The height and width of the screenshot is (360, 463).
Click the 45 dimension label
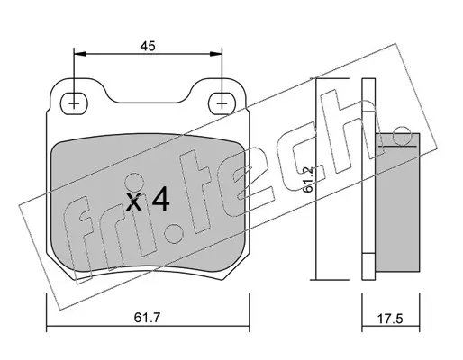148,46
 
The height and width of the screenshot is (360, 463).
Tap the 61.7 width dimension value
148,318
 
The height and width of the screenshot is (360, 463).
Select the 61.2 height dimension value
309,180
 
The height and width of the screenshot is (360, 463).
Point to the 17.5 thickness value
389,319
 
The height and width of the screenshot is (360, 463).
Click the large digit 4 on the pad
161,200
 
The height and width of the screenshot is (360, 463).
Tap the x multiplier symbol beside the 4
133,202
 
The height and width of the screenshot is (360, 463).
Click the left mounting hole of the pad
74,103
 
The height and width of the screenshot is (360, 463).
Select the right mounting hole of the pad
222,103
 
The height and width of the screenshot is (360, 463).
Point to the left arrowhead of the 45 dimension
80,54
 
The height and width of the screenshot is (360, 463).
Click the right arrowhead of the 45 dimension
215,54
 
